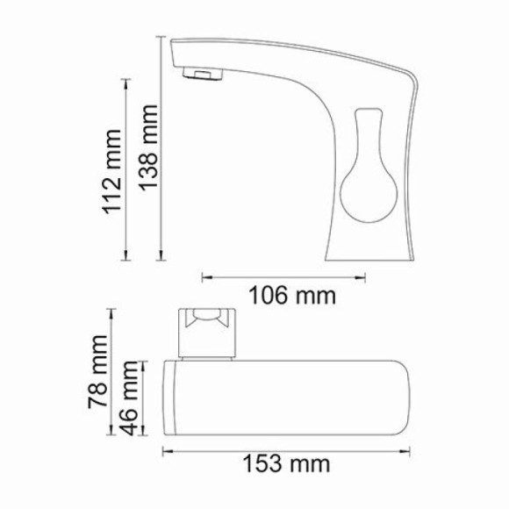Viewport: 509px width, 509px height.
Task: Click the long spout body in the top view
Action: [290, 398]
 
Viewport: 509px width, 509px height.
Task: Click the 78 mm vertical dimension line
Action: [111, 371]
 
